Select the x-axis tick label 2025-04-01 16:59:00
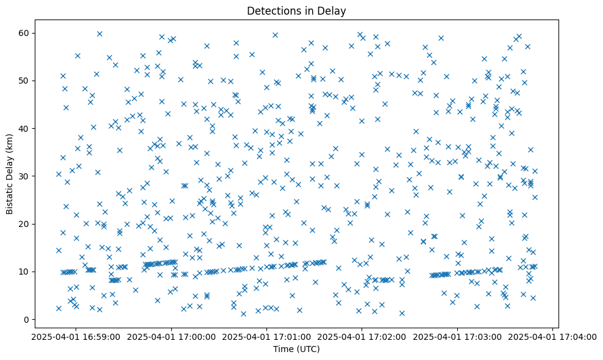(76, 336)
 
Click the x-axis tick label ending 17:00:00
(171, 336)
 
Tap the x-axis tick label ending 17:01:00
(266, 336)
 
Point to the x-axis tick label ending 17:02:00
(362, 336)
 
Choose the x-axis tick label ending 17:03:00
(457, 336)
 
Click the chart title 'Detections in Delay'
(297, 11)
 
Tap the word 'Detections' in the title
(271, 11)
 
